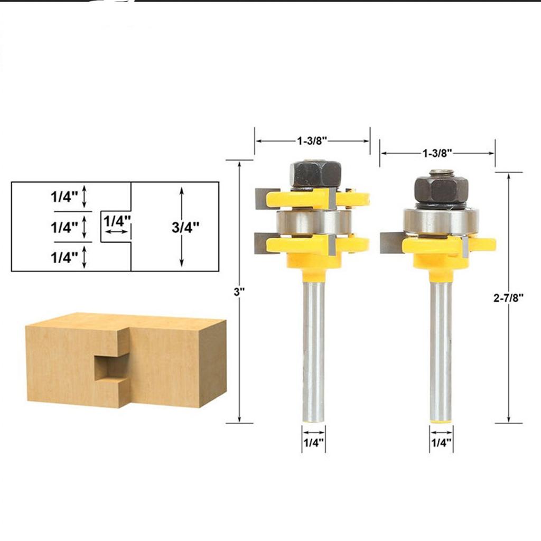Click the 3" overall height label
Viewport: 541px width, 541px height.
pos(239,292)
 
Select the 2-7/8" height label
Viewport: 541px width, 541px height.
pos(508,297)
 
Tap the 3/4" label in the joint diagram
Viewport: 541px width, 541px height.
pos(185,227)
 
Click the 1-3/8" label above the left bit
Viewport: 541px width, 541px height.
pos(312,141)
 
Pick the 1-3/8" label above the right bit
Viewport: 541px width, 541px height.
pos(437,153)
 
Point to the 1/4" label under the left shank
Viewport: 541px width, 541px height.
pos(314,443)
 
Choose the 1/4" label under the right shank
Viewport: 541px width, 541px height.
pos(441,443)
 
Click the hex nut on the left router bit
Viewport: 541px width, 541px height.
pos(315,174)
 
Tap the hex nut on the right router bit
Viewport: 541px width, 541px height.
pos(441,189)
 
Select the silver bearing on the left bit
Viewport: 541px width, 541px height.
pos(313,222)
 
